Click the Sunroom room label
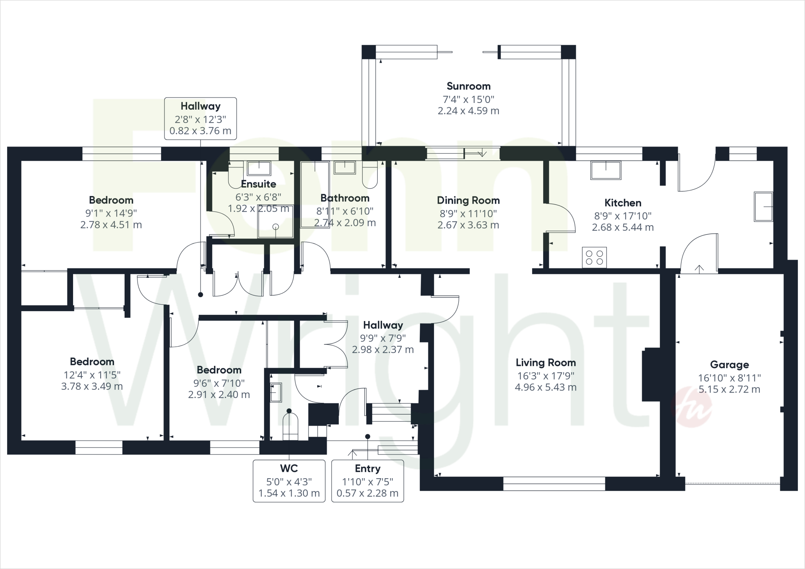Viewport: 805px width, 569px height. click(x=469, y=86)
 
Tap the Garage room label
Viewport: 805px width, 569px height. click(x=729, y=365)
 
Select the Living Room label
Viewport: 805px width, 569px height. click(x=546, y=362)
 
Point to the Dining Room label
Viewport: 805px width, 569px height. click(x=468, y=200)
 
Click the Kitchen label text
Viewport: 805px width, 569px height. click(x=623, y=203)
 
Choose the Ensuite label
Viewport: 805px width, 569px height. click(x=258, y=184)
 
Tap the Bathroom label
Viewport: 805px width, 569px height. click(x=345, y=198)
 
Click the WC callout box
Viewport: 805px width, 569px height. click(x=289, y=481)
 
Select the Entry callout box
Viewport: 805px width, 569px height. click(x=368, y=481)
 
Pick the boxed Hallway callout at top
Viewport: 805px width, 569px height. click(x=200, y=118)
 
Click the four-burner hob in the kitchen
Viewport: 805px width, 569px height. click(x=594, y=257)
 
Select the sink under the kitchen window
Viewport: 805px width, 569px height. click(x=606, y=170)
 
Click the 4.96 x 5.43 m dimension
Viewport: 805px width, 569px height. click(x=546, y=387)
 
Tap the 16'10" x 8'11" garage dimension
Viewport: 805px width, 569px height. click(x=729, y=378)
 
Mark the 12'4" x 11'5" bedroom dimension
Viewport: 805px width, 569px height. click(x=92, y=375)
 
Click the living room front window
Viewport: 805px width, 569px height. click(x=554, y=483)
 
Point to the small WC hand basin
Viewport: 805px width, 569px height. click(x=276, y=392)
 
